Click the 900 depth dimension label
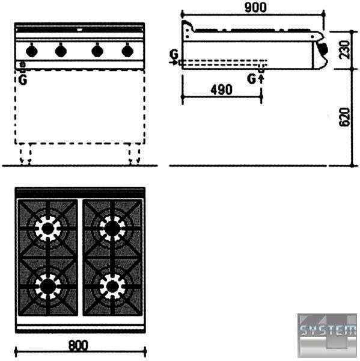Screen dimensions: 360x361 (255, 7)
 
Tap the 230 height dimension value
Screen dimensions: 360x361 (344, 49)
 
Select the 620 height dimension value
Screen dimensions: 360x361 (344, 117)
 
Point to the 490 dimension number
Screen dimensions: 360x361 (221, 90)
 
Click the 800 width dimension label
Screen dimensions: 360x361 (78, 345)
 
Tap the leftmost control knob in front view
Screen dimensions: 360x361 (32, 50)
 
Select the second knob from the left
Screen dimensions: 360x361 (61, 50)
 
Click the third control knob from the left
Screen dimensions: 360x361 (97, 50)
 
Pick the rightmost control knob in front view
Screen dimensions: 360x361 (127, 50)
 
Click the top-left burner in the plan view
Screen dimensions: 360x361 (48, 229)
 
